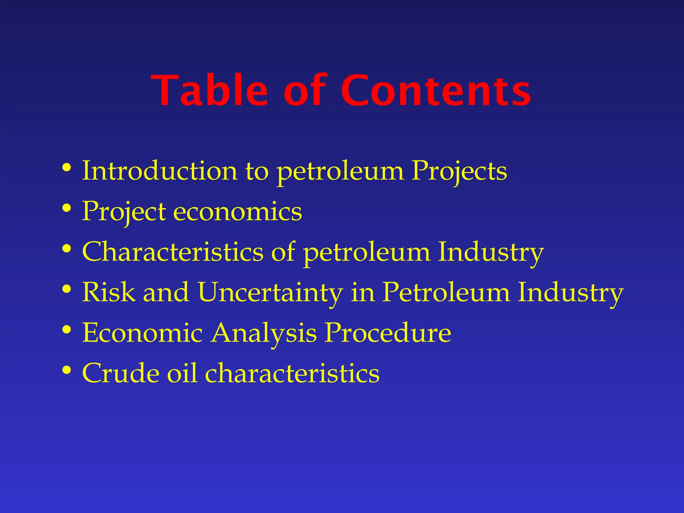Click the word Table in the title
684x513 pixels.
[210, 91]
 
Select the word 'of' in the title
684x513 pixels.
[304, 91]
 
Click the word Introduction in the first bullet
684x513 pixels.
[160, 171]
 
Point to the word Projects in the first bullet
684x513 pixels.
[459, 171]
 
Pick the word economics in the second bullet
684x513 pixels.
[237, 212]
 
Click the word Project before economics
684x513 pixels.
[124, 212]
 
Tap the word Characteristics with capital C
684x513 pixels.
[173, 252]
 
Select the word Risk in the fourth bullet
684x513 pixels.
[109, 293]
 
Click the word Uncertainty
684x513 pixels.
[270, 293]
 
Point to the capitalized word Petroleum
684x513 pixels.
[446, 293]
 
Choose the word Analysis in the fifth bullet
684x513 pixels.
[264, 333]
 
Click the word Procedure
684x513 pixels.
[388, 333]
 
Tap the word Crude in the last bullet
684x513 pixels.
[121, 373]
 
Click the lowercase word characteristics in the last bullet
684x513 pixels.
[292, 373]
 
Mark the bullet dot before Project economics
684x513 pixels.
[67, 208]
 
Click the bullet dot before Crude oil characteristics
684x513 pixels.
[67, 370]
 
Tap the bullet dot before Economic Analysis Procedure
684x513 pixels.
[67, 330]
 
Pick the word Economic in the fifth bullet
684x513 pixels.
[143, 333]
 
